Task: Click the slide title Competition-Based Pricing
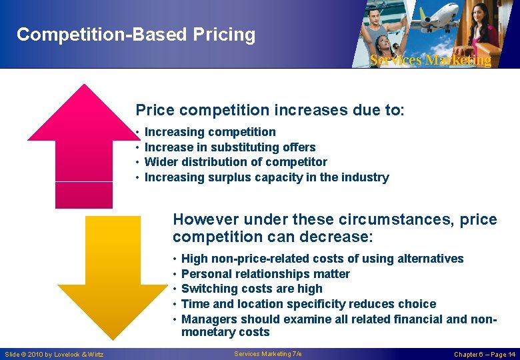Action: coord(136,35)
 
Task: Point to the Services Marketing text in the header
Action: coord(430,60)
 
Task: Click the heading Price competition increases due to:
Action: coord(270,110)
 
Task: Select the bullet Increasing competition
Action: coord(210,132)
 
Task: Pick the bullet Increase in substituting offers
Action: coord(230,147)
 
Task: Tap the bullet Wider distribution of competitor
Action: coord(235,162)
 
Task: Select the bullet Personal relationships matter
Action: coord(265,274)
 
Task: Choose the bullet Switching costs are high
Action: coord(251,289)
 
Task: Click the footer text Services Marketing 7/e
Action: coord(268,354)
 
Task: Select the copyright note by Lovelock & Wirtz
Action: coord(55,355)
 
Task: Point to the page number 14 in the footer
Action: coord(511,355)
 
